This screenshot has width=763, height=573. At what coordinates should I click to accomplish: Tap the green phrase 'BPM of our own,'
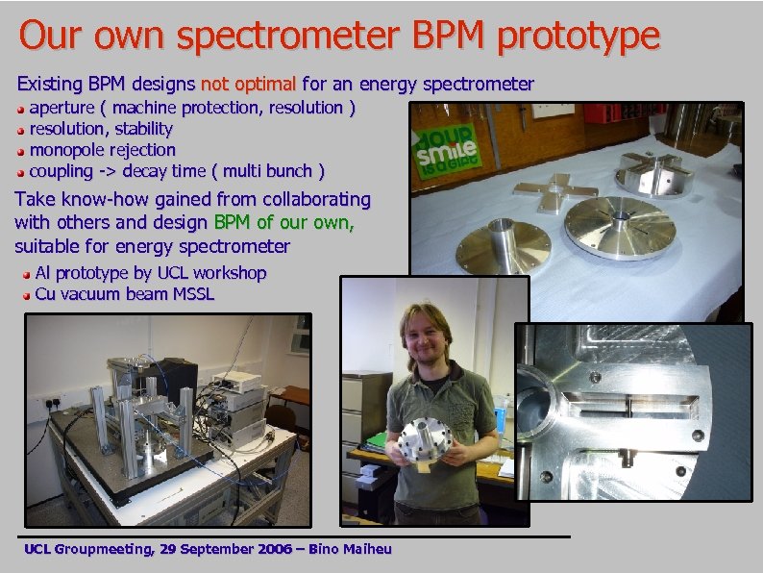click(x=284, y=223)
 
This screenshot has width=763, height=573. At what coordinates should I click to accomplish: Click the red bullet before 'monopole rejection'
click(x=21, y=151)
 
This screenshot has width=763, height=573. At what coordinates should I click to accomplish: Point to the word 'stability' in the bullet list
click(x=143, y=129)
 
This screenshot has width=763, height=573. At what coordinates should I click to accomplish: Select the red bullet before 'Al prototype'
click(x=26, y=274)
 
